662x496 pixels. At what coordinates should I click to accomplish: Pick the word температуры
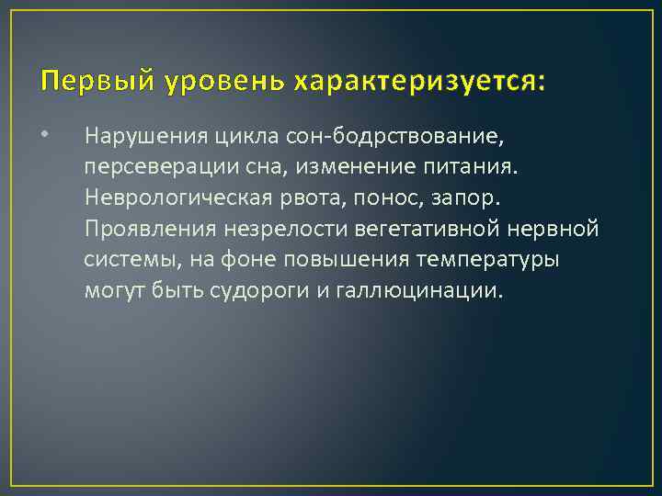tap(488, 260)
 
